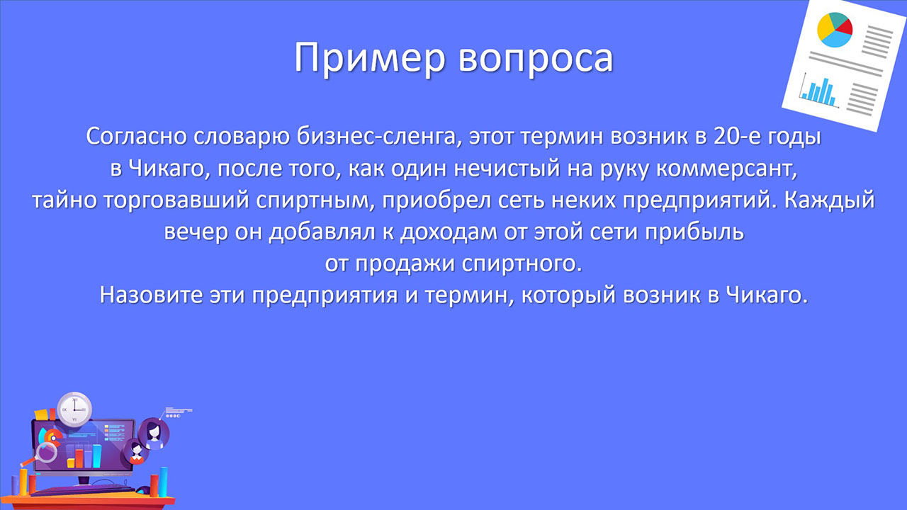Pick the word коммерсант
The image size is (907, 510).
[726, 169]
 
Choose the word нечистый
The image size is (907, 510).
[507, 169]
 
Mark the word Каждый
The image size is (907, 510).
[829, 200]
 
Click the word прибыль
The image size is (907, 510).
[694, 232]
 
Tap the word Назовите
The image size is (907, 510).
[151, 295]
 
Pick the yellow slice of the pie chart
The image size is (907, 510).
[826, 28]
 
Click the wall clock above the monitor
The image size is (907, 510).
[74, 409]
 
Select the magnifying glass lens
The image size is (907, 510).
[47, 452]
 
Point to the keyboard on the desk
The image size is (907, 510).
[83, 491]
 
